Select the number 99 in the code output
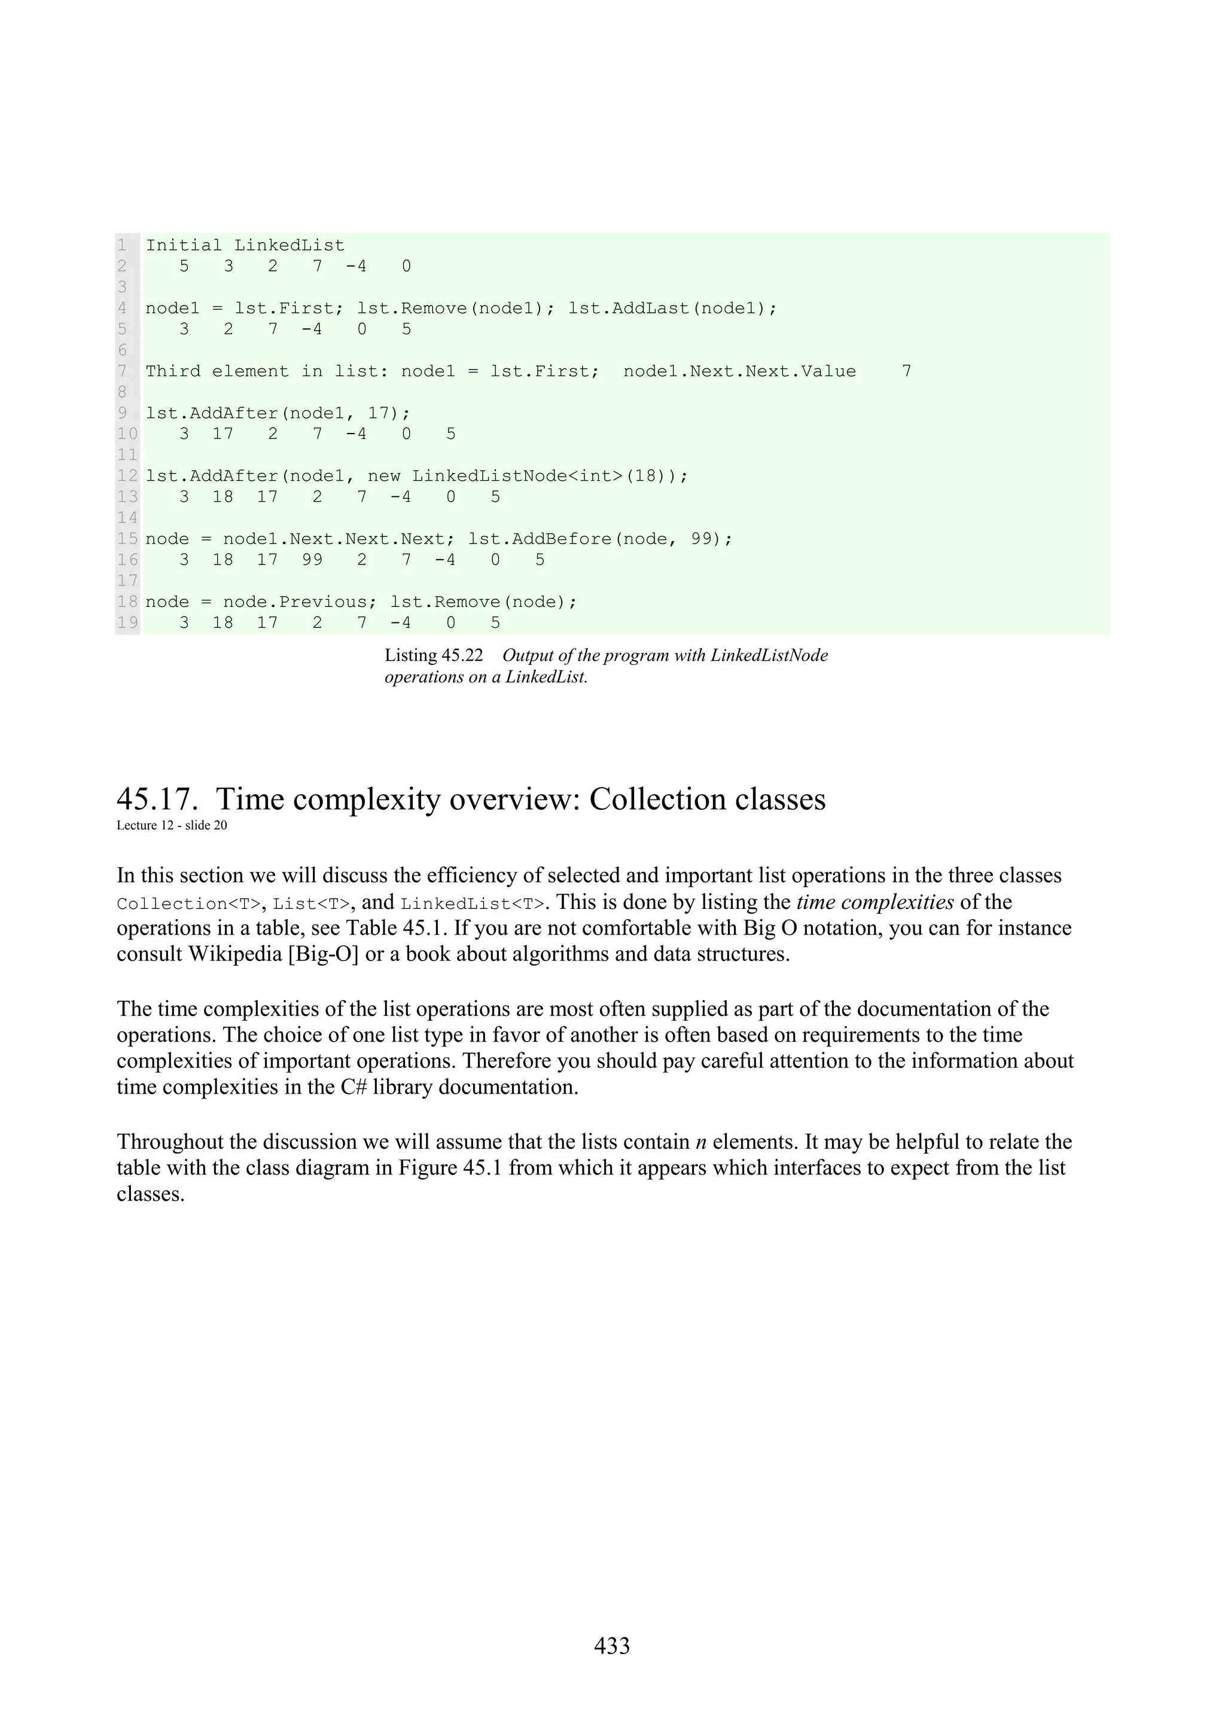coord(312,560)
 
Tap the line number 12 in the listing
coord(127,475)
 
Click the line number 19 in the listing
coord(127,623)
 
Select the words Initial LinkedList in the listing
coord(245,245)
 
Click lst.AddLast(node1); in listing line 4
coord(672,308)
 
